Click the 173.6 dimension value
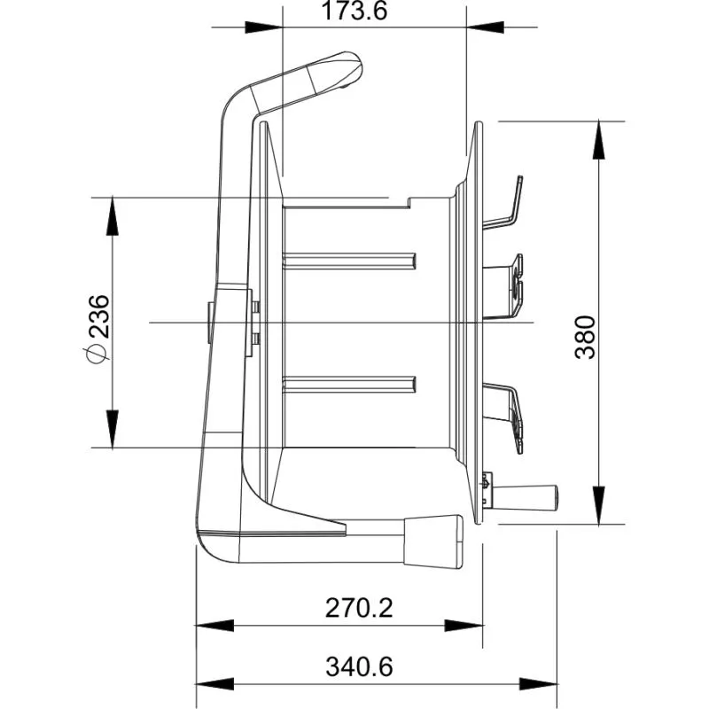coord(354,11)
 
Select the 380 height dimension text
coord(585,338)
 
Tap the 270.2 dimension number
coord(359,608)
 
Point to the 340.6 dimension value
coord(359,666)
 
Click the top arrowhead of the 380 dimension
coord(599,140)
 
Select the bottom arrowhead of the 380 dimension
coord(599,505)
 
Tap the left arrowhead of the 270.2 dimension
coord(214,626)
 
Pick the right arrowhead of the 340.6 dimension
coord(538,684)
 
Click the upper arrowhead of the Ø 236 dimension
coord(113,216)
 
